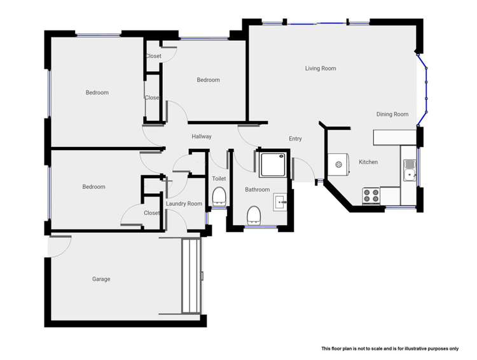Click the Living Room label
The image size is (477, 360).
pos(321,69)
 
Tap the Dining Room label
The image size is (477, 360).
pos(392,114)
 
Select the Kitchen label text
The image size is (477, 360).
pos(368,162)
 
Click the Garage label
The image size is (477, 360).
pos(101,279)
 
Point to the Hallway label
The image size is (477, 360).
pos(202,137)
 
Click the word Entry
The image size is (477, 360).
pos(295,139)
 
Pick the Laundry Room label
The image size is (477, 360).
pos(184,204)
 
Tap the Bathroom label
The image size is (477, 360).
pos(258,190)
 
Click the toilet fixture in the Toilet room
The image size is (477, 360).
pos(219,195)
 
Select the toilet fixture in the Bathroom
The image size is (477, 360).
pos(254,214)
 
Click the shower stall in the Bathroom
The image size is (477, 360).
pos(273,164)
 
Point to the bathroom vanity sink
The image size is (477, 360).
pos(281,202)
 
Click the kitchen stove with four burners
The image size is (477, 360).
pos(371,195)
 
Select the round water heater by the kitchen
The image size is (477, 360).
pos(340,165)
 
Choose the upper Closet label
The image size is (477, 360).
pos(153,57)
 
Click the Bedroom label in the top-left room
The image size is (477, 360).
pos(97,93)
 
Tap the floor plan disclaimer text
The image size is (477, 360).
pos(390,349)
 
